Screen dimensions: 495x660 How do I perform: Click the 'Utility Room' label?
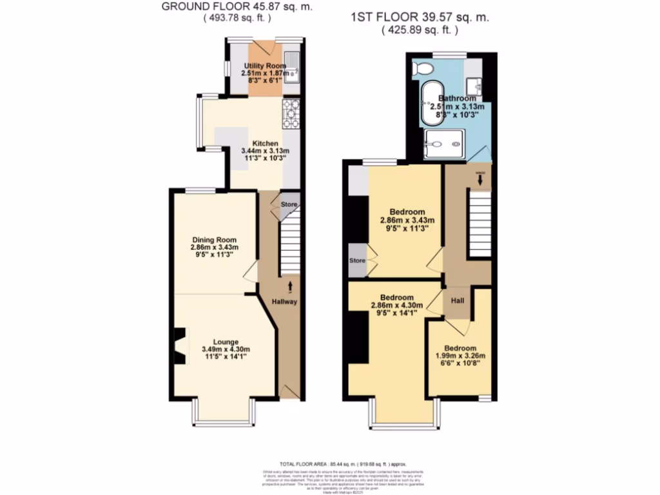click(x=265, y=66)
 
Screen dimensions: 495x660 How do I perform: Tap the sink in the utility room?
click(x=293, y=67)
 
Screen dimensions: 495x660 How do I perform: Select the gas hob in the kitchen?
click(x=289, y=114)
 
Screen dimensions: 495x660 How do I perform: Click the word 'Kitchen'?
click(x=265, y=143)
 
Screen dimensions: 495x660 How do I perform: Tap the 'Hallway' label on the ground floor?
click(x=284, y=302)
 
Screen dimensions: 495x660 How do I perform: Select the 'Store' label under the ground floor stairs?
click(x=289, y=205)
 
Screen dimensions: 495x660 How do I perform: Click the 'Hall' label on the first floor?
click(x=457, y=300)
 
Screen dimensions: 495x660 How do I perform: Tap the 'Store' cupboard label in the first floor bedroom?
click(x=356, y=260)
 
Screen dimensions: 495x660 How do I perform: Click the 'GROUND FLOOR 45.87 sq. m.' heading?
click(x=237, y=7)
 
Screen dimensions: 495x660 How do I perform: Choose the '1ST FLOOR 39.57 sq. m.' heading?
click(x=420, y=18)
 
